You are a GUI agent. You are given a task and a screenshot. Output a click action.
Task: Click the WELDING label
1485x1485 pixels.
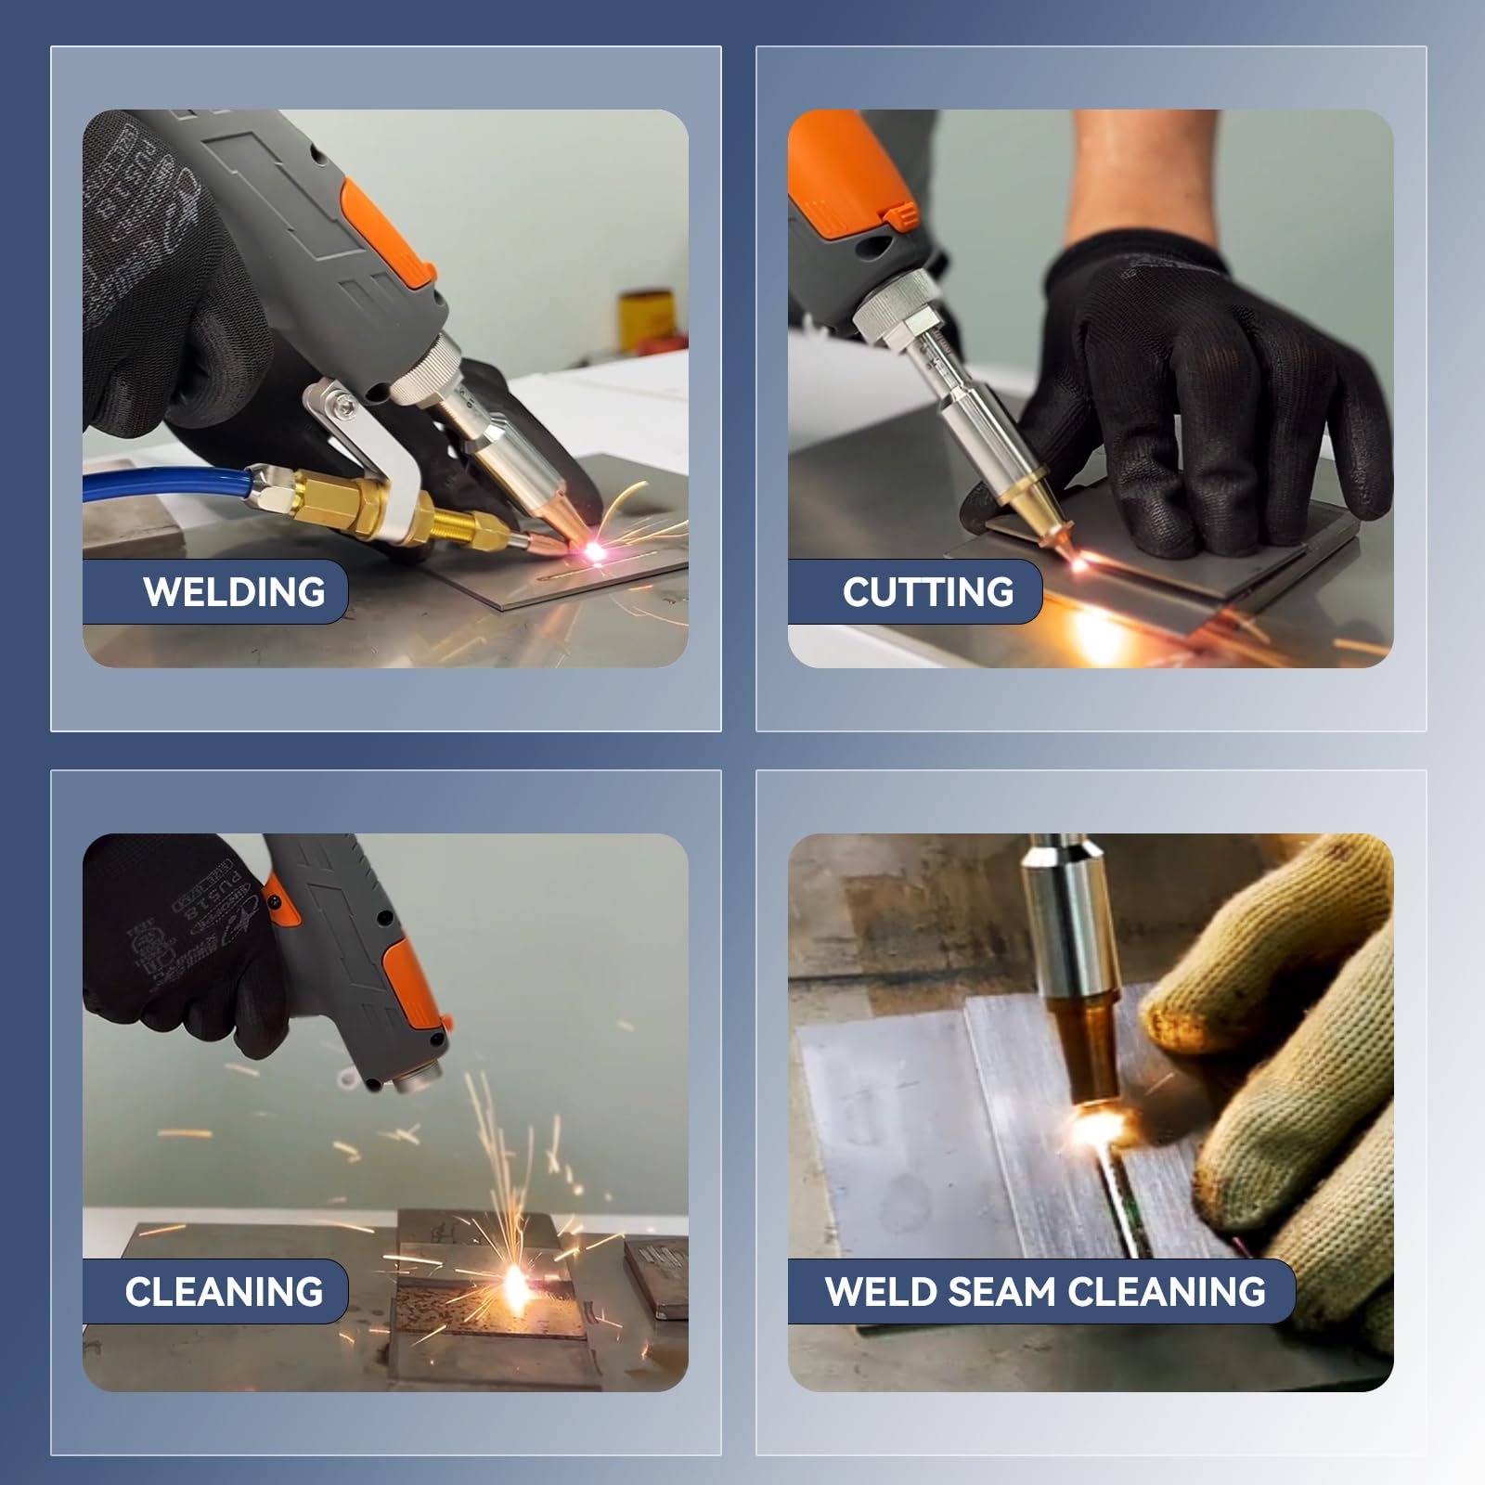[x=234, y=592]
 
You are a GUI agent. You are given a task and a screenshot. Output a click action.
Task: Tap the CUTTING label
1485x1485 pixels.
[x=928, y=592]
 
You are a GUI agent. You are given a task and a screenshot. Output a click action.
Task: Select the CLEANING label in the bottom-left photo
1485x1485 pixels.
[x=224, y=1292]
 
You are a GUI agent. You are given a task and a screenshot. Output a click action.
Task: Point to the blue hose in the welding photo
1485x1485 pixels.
[x=167, y=484]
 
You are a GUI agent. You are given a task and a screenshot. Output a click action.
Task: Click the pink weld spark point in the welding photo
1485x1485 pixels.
[x=592, y=551]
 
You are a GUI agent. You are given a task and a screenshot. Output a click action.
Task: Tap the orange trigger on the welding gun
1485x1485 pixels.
[x=388, y=232]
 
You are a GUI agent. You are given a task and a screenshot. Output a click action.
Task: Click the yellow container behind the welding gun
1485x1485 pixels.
[x=645, y=317]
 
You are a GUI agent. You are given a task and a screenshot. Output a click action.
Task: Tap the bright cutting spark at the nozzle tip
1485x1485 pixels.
[x=1081, y=561]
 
